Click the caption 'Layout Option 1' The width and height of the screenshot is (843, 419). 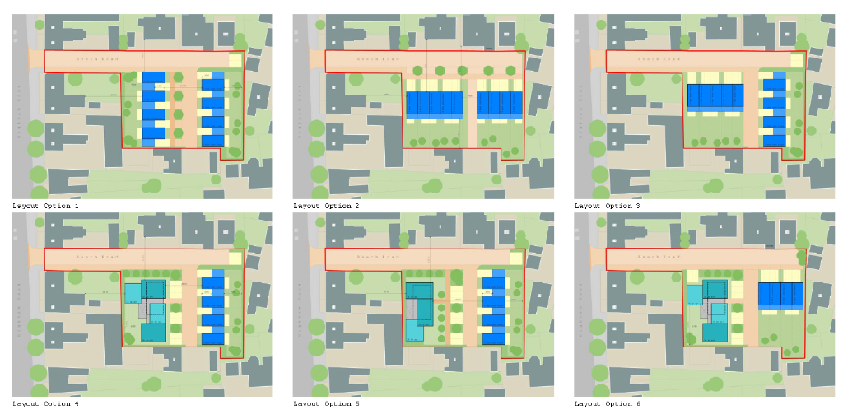[46, 206]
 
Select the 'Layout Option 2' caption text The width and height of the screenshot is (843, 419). [327, 206]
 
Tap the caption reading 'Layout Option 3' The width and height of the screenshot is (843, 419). [608, 206]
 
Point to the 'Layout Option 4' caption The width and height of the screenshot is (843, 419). [46, 404]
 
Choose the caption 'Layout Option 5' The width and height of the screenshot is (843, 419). [327, 404]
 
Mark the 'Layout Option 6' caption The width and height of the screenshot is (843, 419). [608, 404]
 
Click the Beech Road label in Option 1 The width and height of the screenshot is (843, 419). [91, 59]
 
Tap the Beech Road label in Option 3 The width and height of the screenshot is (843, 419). [654, 59]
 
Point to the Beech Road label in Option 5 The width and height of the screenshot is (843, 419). [373, 258]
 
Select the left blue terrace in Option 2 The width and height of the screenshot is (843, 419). [434, 103]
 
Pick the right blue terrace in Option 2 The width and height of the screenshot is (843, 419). [499, 103]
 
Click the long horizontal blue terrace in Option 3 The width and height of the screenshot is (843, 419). [715, 97]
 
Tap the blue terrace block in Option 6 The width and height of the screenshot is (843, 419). [780, 294]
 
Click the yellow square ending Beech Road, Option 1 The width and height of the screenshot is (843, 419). [235, 60]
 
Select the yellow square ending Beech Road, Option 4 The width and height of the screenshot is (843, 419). [235, 258]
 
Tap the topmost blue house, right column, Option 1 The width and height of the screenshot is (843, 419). [213, 84]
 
